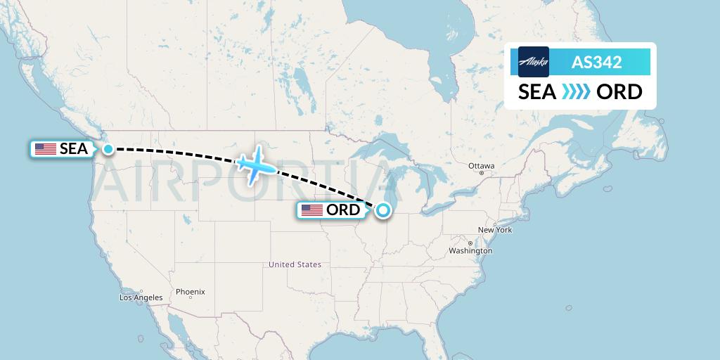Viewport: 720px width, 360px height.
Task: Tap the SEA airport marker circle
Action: pos(108,148)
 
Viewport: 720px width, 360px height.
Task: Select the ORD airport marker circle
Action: pos(382,210)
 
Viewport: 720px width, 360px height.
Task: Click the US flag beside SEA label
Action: pos(46,149)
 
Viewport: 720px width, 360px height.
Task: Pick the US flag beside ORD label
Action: pos(312,210)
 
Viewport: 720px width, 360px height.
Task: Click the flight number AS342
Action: pos(596,62)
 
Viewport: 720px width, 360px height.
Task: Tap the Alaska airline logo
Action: pos(533,62)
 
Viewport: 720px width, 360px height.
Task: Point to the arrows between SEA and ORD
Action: pos(576,92)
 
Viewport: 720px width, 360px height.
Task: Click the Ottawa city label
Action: pos(482,166)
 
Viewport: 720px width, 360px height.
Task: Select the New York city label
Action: pos(495,230)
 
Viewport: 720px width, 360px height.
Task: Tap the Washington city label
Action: pos(470,251)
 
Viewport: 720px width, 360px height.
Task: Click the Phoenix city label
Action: pos(190,291)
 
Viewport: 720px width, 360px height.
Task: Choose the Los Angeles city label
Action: pos(141,297)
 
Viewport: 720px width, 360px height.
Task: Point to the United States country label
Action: pos(295,264)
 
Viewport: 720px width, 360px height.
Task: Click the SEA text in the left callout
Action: pos(74,149)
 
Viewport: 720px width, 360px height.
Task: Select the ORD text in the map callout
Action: pos(343,210)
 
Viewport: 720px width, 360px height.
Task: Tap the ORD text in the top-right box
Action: pos(619,92)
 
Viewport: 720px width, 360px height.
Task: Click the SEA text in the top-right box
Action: pos(537,92)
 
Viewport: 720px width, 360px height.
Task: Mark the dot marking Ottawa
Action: pos(482,173)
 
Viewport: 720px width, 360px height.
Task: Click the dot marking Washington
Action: pos(470,243)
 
